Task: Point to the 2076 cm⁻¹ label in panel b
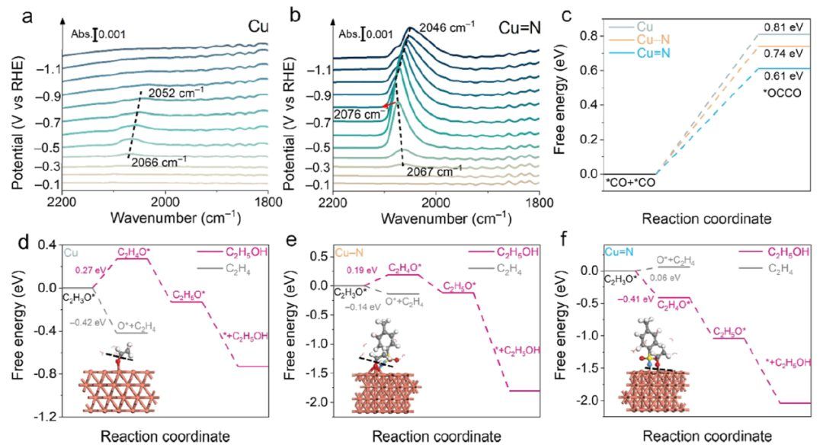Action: coord(358,114)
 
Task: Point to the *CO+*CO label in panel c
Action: coord(629,183)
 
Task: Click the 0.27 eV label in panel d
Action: coord(88,270)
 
